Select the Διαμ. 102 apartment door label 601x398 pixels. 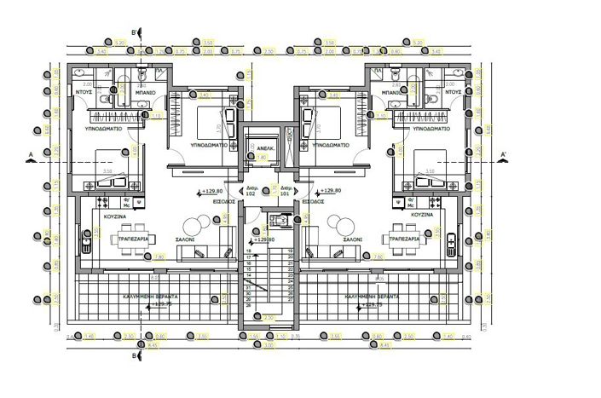(251, 190)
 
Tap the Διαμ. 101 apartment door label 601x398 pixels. (286, 190)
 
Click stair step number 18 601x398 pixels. (249, 251)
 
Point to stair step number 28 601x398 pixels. (249, 305)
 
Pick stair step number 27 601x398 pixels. (291, 300)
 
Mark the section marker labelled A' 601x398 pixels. (504, 154)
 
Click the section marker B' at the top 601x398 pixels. (137, 35)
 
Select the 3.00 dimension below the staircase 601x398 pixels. (269, 345)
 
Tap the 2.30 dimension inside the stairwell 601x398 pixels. (269, 317)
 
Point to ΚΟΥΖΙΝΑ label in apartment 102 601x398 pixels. (116, 216)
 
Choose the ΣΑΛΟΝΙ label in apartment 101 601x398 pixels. (350, 240)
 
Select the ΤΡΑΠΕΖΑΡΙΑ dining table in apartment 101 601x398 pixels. (406, 238)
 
